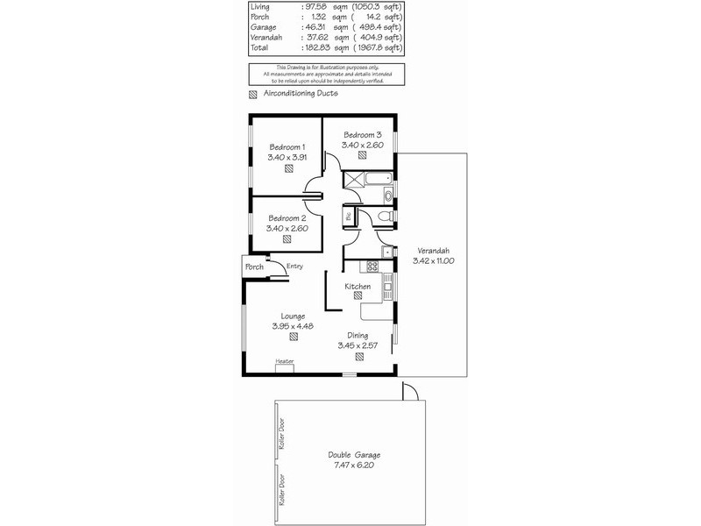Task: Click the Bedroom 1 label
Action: pos(287,146)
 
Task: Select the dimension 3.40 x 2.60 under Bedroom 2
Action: pos(287,229)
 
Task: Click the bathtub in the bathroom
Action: pos(379,180)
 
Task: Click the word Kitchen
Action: pos(358,287)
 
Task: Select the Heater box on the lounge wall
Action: pos(285,366)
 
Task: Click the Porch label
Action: pos(254,267)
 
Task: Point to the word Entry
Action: pos(294,267)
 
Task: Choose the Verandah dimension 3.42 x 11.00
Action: pos(430,260)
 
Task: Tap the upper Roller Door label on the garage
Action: pos(283,434)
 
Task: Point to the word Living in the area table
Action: pos(260,7)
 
